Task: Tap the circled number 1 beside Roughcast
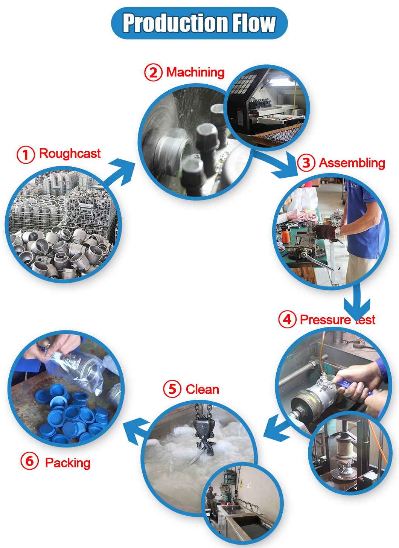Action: coord(26,154)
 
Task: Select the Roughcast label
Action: coord(70,154)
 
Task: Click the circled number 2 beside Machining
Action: coord(153,72)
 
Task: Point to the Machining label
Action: coord(195,72)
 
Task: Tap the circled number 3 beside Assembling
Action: coord(306,163)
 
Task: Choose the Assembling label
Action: coord(352,163)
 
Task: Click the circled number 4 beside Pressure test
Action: coord(287,320)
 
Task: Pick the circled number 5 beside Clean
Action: coord(172,389)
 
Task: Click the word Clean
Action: coord(202,389)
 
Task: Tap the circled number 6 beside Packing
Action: coord(30,461)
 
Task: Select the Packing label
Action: coord(68,463)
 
